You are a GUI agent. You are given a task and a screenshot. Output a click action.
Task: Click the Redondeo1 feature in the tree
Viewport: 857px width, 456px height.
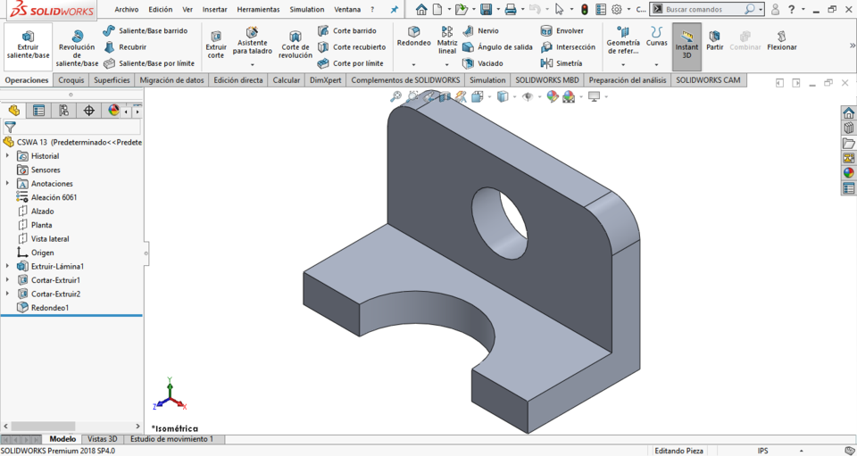pyautogui.click(x=50, y=308)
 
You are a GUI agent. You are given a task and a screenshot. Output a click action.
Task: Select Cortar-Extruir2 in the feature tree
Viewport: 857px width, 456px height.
pyautogui.click(x=55, y=294)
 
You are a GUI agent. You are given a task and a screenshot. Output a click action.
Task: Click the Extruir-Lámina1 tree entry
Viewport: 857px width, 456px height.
pyautogui.click(x=57, y=266)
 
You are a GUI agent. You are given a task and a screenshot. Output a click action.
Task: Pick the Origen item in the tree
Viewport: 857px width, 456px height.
pyautogui.click(x=42, y=253)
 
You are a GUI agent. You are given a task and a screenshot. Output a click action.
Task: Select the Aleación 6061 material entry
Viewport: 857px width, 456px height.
pyautogui.click(x=54, y=197)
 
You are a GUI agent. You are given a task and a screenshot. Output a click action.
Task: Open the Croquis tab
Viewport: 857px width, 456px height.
pyautogui.click(x=71, y=80)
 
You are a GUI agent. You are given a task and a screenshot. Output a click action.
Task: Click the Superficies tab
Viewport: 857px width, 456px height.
pyautogui.click(x=112, y=80)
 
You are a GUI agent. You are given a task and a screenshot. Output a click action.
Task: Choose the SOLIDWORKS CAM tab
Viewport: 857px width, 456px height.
pyautogui.click(x=708, y=80)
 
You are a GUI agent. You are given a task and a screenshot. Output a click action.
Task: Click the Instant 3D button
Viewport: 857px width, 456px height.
pyautogui.click(x=686, y=46)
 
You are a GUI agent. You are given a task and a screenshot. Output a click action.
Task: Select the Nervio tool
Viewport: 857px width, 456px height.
pyautogui.click(x=487, y=30)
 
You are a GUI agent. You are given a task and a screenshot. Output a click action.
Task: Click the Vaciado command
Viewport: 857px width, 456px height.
pyautogui.click(x=490, y=63)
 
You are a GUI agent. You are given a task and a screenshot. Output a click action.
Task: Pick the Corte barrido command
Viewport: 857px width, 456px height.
pyautogui.click(x=354, y=30)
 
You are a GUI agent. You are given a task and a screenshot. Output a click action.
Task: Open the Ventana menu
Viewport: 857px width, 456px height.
pyautogui.click(x=347, y=10)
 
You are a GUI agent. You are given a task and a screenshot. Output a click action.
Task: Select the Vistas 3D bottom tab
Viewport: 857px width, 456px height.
pyautogui.click(x=102, y=439)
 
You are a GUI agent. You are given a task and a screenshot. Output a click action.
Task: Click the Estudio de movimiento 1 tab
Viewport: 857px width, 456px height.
pyautogui.click(x=171, y=439)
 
